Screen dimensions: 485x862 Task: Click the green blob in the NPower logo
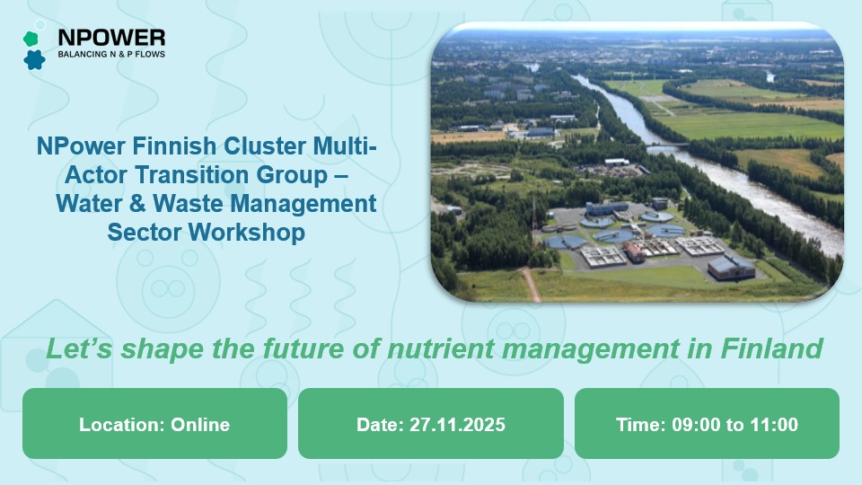(x=31, y=39)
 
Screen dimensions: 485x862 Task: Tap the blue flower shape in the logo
(x=34, y=60)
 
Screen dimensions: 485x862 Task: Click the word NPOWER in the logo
(x=110, y=37)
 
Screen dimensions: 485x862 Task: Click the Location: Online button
(x=154, y=425)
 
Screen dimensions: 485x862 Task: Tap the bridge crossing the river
(x=667, y=144)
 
